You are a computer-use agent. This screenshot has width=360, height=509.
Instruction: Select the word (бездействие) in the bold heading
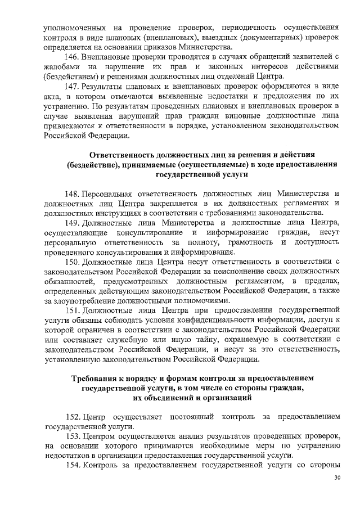point(97,165)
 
